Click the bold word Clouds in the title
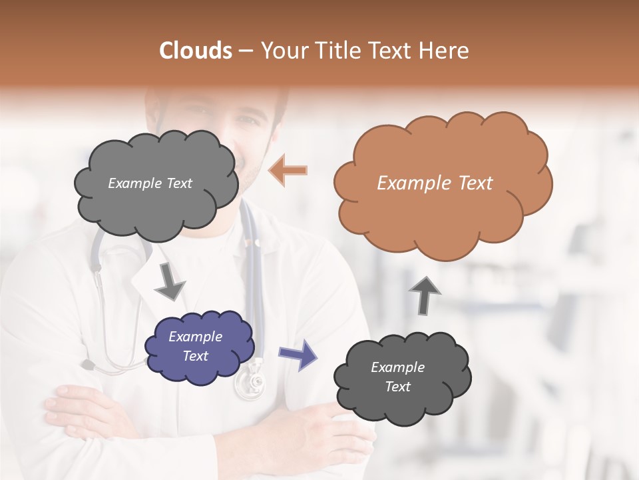tap(196, 51)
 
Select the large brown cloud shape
tap(443, 183)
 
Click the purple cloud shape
tap(199, 347)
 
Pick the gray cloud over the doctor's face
tap(156, 183)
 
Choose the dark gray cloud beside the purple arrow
tap(403, 377)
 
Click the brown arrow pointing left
tap(288, 170)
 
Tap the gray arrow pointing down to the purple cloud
tap(170, 281)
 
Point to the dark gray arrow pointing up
tap(425, 294)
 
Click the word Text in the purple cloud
tap(196, 356)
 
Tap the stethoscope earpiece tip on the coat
tap(87, 365)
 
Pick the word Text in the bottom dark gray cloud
tap(398, 387)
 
